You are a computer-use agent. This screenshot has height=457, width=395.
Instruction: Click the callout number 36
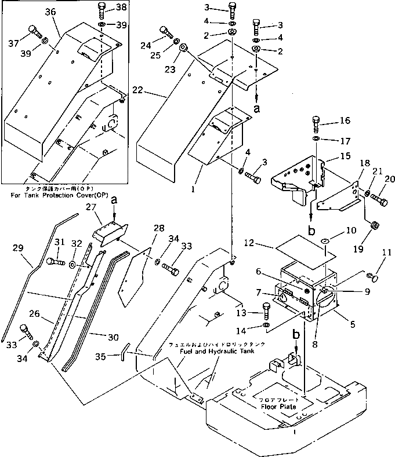point(50,12)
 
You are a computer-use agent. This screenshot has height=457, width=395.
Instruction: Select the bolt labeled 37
point(33,32)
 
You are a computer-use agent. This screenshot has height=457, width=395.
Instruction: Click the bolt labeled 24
point(165,33)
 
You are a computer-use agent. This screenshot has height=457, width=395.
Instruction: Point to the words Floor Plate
point(280,407)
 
